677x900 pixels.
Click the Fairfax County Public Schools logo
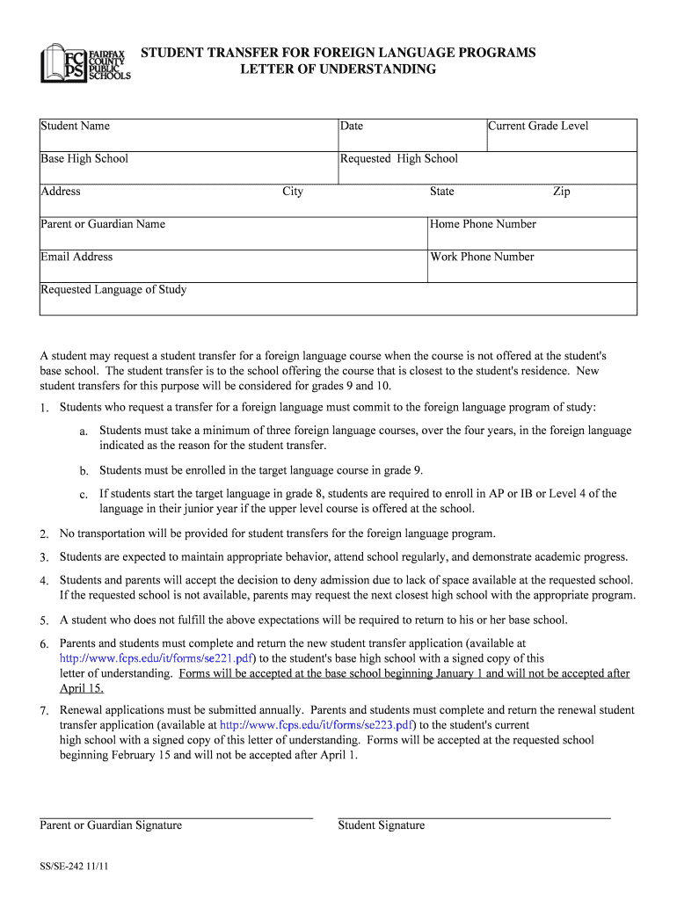pos(85,63)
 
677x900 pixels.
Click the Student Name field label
pos(76,127)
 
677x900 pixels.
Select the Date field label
pos(352,127)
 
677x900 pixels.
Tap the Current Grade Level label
pos(538,127)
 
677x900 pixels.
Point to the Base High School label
pos(84,159)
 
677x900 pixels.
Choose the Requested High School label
pos(399,159)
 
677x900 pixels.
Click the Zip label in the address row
pos(561,192)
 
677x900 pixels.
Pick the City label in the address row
pos(292,192)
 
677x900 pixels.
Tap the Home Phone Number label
pos(483,224)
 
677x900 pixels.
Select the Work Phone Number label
pos(482,257)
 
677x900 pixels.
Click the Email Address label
pos(76,257)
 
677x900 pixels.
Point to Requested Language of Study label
pos(113,290)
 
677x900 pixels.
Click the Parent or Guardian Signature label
pos(111,825)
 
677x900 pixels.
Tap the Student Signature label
pos(382,825)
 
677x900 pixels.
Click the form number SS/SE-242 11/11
pos(74,867)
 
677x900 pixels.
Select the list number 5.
pos(44,621)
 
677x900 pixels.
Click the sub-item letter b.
pos(84,471)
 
